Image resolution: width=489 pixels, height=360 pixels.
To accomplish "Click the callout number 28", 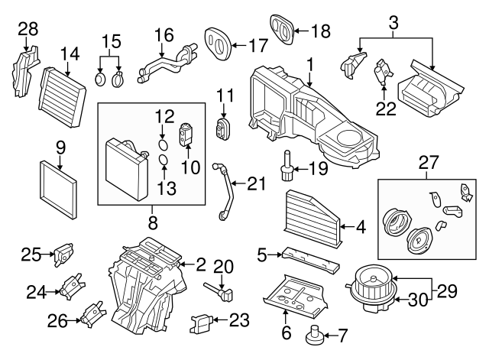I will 28,29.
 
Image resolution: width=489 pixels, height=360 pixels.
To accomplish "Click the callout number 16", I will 164,34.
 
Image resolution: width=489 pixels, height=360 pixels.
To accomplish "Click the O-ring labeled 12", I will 162,144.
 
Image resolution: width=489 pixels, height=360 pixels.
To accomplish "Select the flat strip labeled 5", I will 309,258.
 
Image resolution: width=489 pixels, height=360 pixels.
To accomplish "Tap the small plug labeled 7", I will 314,334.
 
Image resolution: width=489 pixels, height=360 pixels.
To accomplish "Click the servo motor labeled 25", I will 64,254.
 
